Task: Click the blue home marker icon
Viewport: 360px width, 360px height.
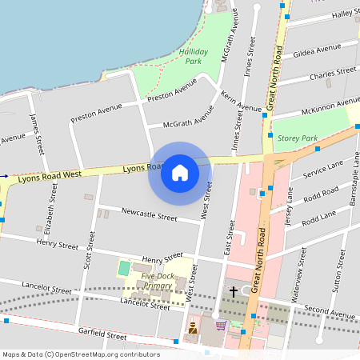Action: coord(179,173)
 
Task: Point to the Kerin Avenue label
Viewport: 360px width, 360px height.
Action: coord(241,102)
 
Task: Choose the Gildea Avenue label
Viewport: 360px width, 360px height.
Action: coord(317,51)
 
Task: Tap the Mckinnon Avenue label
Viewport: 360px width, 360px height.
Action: coord(330,104)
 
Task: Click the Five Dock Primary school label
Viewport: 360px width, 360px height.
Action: coord(158,281)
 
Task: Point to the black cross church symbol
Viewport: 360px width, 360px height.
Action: coord(233,292)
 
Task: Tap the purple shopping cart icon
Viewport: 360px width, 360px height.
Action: coord(221,326)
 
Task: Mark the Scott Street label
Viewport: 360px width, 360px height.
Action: coord(89,256)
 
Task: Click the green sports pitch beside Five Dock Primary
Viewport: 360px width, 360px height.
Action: coord(124,268)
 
